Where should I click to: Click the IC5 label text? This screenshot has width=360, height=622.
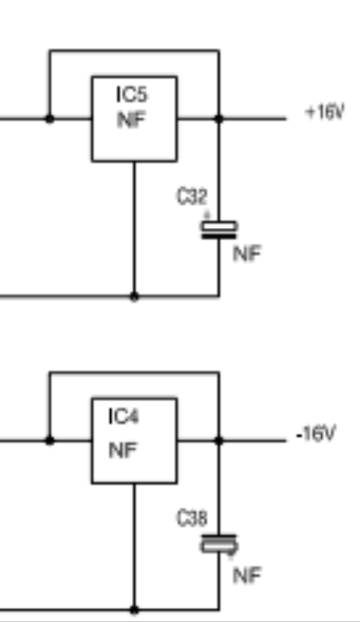(x=132, y=94)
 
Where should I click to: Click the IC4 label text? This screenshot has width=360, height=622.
(x=124, y=417)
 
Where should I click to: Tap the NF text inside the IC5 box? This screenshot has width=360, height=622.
(x=131, y=119)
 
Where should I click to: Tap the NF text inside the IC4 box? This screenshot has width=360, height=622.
(x=123, y=451)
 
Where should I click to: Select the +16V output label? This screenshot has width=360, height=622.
(x=325, y=112)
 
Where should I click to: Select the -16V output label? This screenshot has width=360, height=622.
(x=316, y=434)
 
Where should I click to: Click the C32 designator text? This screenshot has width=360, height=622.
(x=192, y=197)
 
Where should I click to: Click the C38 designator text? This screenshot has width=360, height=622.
(x=192, y=518)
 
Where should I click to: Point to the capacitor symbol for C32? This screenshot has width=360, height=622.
(x=219, y=230)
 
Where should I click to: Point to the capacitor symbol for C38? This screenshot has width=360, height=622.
(x=219, y=543)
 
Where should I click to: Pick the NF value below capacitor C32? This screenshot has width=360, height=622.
(x=247, y=254)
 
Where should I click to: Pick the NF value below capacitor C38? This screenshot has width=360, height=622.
(x=247, y=576)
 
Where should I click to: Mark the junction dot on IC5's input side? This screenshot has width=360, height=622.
(x=50, y=119)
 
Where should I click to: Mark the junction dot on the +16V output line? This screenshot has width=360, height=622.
(x=219, y=119)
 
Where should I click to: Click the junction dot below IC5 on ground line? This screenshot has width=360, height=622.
(x=134, y=297)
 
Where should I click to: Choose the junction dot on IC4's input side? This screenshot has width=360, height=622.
(x=50, y=440)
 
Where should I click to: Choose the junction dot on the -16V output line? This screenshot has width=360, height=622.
(x=219, y=440)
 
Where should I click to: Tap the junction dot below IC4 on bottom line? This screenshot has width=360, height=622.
(x=134, y=609)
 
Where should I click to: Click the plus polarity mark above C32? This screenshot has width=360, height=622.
(x=206, y=215)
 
